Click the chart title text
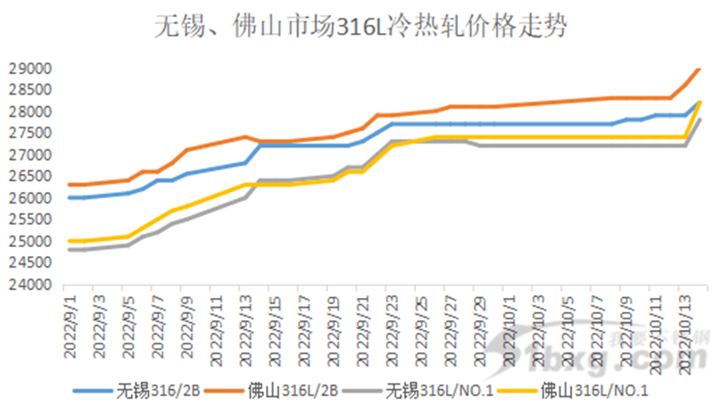point(363,26)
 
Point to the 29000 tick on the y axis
point(32,69)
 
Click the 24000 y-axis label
point(32,286)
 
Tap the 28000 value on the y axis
point(32,112)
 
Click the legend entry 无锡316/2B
point(152,390)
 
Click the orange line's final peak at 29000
point(699,69)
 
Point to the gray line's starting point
point(70,250)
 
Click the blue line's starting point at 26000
point(70,198)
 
